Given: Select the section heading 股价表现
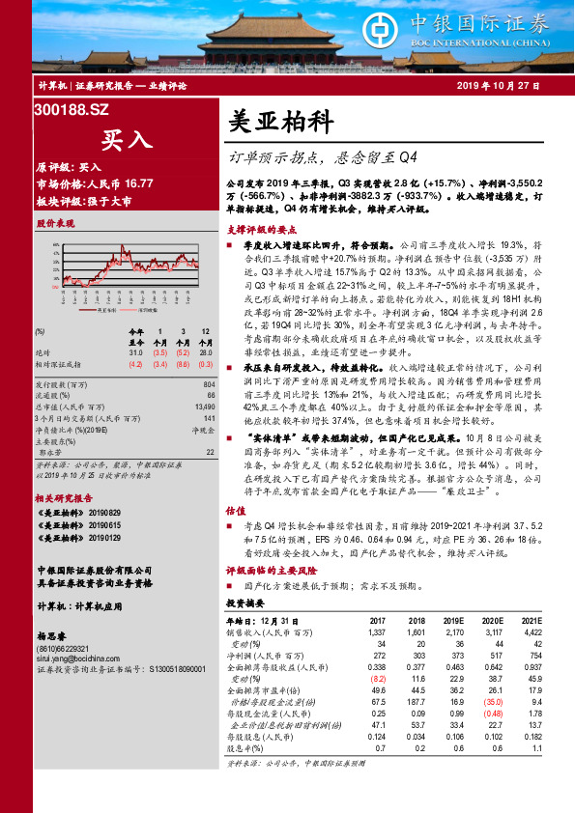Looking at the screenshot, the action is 55,223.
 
